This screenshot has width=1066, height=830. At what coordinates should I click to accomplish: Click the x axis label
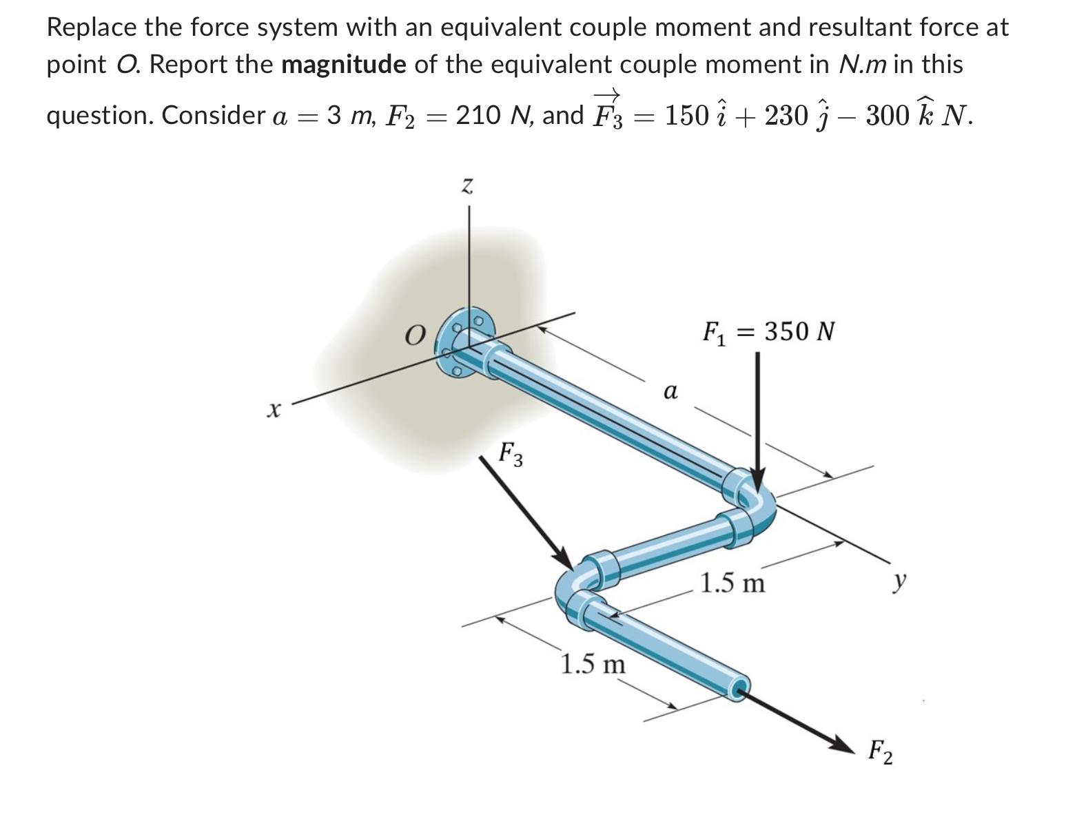[274, 411]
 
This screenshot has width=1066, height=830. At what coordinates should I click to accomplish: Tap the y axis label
[899, 583]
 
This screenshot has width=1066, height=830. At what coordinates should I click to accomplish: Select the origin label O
[413, 335]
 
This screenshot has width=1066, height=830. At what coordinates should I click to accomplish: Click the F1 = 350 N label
[768, 332]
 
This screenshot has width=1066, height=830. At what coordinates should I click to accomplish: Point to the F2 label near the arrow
[880, 751]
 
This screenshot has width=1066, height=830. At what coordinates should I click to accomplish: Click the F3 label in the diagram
[511, 453]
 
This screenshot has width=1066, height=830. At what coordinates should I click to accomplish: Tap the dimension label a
[670, 392]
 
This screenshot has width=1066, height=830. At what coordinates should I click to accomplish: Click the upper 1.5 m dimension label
[732, 583]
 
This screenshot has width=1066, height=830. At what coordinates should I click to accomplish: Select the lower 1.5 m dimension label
[593, 665]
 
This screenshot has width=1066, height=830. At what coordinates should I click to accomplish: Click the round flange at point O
[464, 342]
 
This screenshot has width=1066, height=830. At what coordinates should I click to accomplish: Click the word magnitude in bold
[344, 64]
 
